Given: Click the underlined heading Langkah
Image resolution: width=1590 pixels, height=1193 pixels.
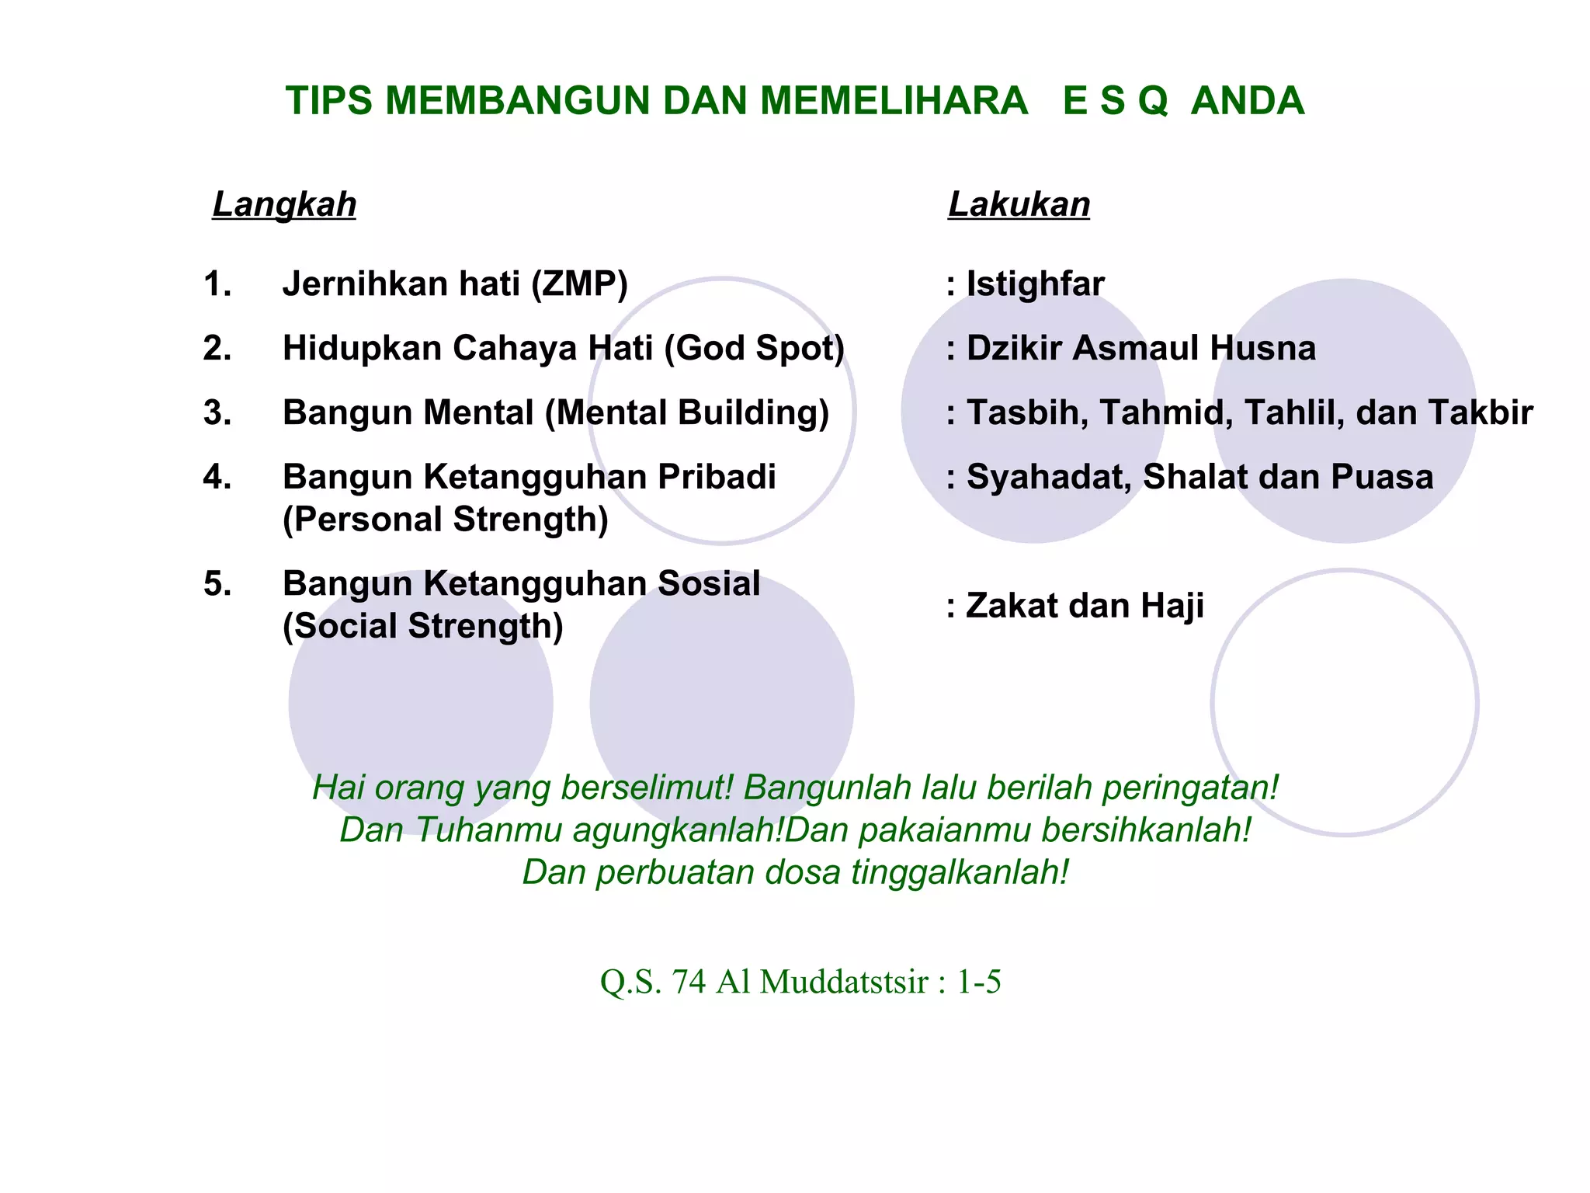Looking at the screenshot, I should [284, 205].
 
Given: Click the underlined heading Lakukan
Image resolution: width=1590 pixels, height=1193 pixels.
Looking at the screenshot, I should [1019, 205].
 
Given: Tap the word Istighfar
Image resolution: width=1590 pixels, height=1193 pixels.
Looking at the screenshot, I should [1035, 284].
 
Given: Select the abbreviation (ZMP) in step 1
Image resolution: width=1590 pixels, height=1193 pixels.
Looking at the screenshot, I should [579, 284].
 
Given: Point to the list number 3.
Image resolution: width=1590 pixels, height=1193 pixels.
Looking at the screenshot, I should [217, 412].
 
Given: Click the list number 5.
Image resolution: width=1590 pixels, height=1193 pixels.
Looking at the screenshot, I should [217, 584].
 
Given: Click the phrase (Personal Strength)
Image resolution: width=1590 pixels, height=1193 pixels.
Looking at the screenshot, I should [445, 520].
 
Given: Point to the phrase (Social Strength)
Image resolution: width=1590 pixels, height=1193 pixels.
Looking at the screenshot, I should [422, 626].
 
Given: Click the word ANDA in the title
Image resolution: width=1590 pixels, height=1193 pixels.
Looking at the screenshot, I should [1247, 101].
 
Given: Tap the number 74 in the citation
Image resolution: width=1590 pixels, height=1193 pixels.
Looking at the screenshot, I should [689, 982].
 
